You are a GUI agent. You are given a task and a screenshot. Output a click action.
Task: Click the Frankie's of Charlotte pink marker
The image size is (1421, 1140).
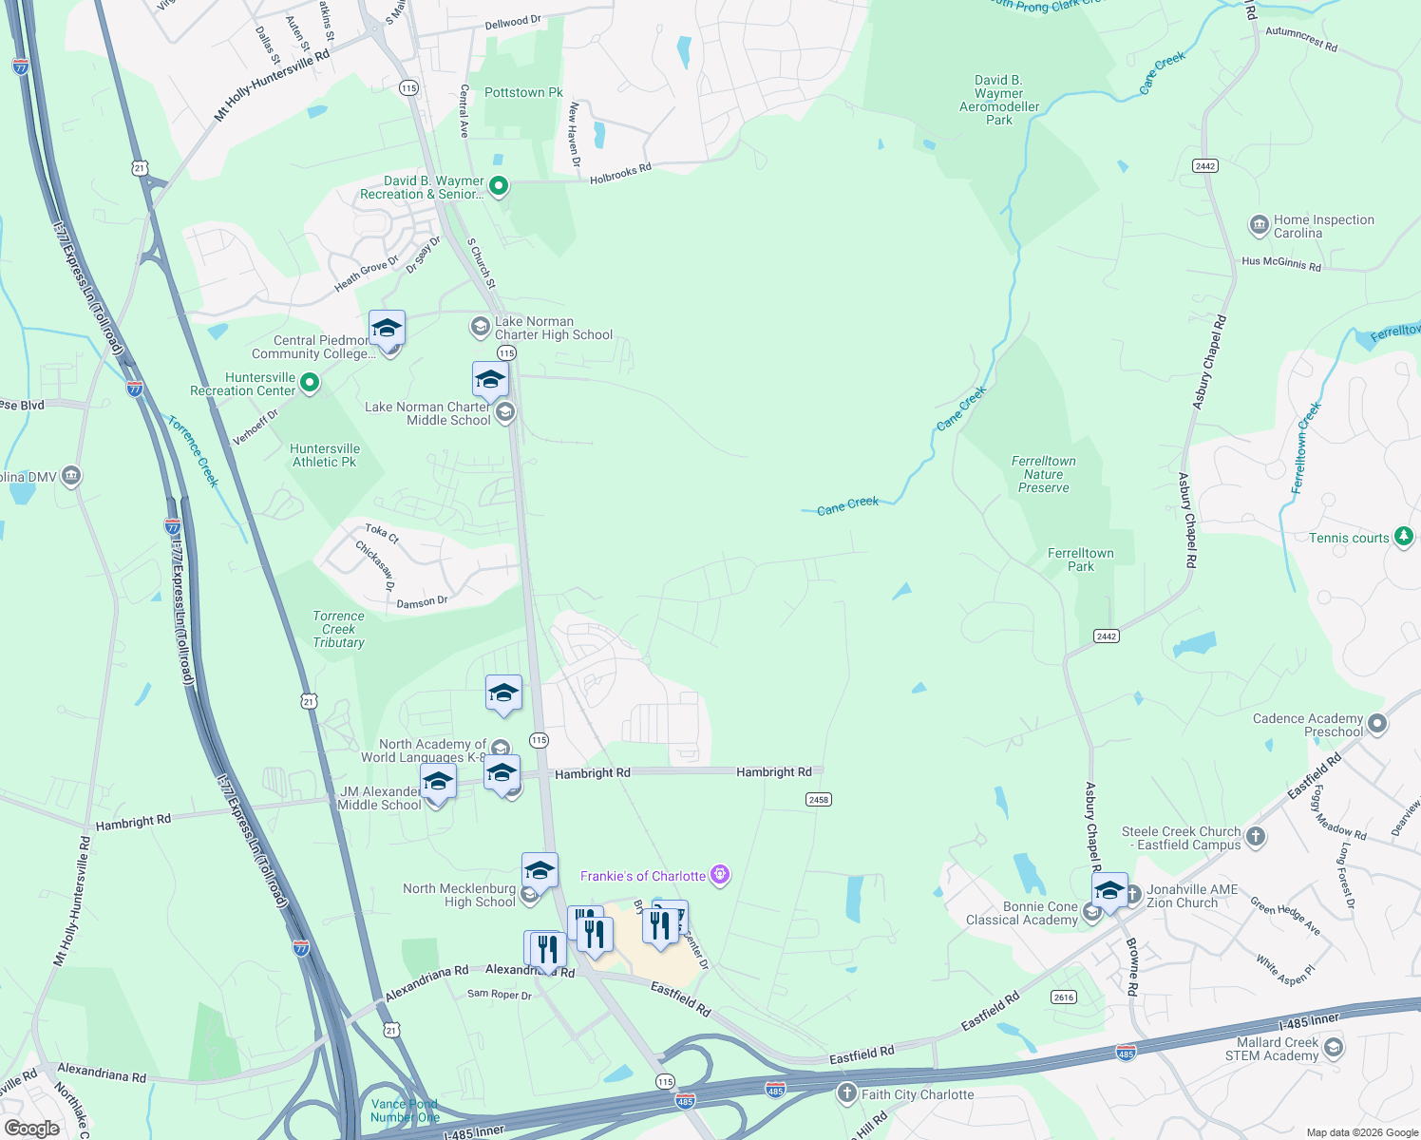[x=720, y=875]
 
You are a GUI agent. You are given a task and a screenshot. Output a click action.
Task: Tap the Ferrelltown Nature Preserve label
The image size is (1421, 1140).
[x=1043, y=474]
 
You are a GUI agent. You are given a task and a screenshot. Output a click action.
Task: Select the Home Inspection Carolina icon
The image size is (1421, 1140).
[x=1259, y=226]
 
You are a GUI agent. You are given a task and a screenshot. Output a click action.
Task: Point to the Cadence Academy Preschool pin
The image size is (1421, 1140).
[x=1377, y=725]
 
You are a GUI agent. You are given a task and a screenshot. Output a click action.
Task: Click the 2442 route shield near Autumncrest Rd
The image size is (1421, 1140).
[x=1204, y=166]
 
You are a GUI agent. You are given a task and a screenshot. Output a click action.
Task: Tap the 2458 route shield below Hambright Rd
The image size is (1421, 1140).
[x=818, y=800]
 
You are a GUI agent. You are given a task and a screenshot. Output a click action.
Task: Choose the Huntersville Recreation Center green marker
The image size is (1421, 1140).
[x=309, y=384]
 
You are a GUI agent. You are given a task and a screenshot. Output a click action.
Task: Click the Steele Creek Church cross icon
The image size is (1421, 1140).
[x=1256, y=837]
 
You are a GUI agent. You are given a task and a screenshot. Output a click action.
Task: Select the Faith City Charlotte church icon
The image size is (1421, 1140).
[x=846, y=1093]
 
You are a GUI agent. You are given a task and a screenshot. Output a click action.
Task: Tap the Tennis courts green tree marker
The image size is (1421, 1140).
[x=1403, y=538]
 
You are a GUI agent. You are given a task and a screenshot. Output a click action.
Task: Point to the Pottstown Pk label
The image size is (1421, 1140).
[x=523, y=92]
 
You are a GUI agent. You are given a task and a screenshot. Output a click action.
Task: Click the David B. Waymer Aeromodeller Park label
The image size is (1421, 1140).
[x=998, y=100]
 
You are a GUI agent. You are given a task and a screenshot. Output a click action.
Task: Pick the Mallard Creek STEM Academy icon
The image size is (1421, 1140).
[x=1333, y=1048]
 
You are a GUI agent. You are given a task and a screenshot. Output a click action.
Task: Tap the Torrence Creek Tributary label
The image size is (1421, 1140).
[x=338, y=629]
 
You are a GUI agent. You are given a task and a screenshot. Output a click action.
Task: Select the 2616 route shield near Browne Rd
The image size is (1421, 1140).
[x=1063, y=997]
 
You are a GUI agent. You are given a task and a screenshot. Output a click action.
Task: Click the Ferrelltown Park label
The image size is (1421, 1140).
[x=1080, y=560]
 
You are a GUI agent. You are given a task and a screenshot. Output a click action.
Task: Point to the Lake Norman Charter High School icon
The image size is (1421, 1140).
[x=481, y=328]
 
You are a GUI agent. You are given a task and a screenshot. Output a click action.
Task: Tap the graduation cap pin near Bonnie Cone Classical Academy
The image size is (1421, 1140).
[x=1108, y=892]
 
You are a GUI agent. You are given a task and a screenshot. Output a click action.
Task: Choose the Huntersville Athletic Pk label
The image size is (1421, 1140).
[x=325, y=455]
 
